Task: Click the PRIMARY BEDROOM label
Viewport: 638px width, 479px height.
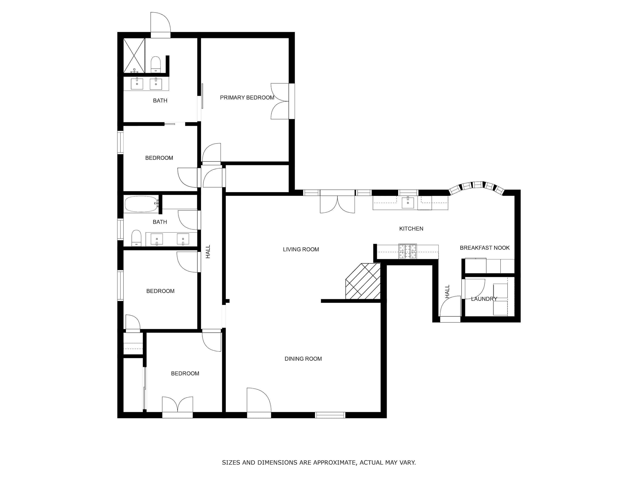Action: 247,98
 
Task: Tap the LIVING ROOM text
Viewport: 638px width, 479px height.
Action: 301,250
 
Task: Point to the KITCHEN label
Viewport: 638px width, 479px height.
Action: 411,229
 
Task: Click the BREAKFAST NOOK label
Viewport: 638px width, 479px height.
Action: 484,248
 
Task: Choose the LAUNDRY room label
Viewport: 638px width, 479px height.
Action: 484,299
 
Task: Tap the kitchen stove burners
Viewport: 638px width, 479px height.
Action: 407,251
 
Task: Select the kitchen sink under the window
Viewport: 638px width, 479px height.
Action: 407,203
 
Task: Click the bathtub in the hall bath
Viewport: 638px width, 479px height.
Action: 141,204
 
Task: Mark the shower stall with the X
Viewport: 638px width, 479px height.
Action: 134,55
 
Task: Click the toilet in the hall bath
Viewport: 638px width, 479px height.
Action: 136,238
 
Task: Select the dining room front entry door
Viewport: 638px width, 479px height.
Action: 259,403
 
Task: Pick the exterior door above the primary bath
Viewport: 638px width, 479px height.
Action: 160,24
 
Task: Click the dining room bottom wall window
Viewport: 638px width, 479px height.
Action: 330,415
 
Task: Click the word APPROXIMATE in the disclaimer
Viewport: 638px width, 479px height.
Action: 334,463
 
